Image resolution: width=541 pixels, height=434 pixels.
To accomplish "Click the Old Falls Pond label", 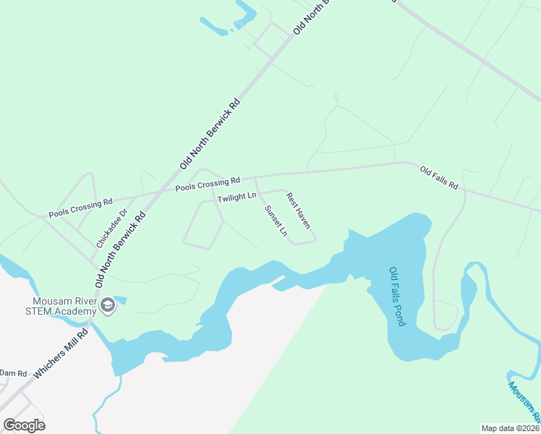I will tap(399, 297).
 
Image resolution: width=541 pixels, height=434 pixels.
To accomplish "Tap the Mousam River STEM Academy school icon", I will tap(108, 305).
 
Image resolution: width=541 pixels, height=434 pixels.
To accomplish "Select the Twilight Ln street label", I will tap(237, 197).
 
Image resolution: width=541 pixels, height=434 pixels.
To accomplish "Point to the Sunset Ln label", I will tap(276, 221).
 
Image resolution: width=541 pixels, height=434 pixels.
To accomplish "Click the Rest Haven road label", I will tap(298, 210).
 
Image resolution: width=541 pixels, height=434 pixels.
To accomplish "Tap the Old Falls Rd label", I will tap(439, 178).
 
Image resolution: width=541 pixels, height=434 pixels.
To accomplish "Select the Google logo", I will tap(24, 425).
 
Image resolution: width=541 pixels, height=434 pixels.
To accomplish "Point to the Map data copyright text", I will tap(510, 427).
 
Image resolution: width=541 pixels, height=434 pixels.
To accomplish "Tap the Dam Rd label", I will tap(13, 373).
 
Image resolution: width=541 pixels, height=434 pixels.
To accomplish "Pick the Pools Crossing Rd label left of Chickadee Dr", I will tap(81, 208).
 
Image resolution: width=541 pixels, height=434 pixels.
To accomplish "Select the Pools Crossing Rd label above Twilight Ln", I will tap(207, 184).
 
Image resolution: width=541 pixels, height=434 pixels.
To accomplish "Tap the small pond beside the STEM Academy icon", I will tap(120, 299).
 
